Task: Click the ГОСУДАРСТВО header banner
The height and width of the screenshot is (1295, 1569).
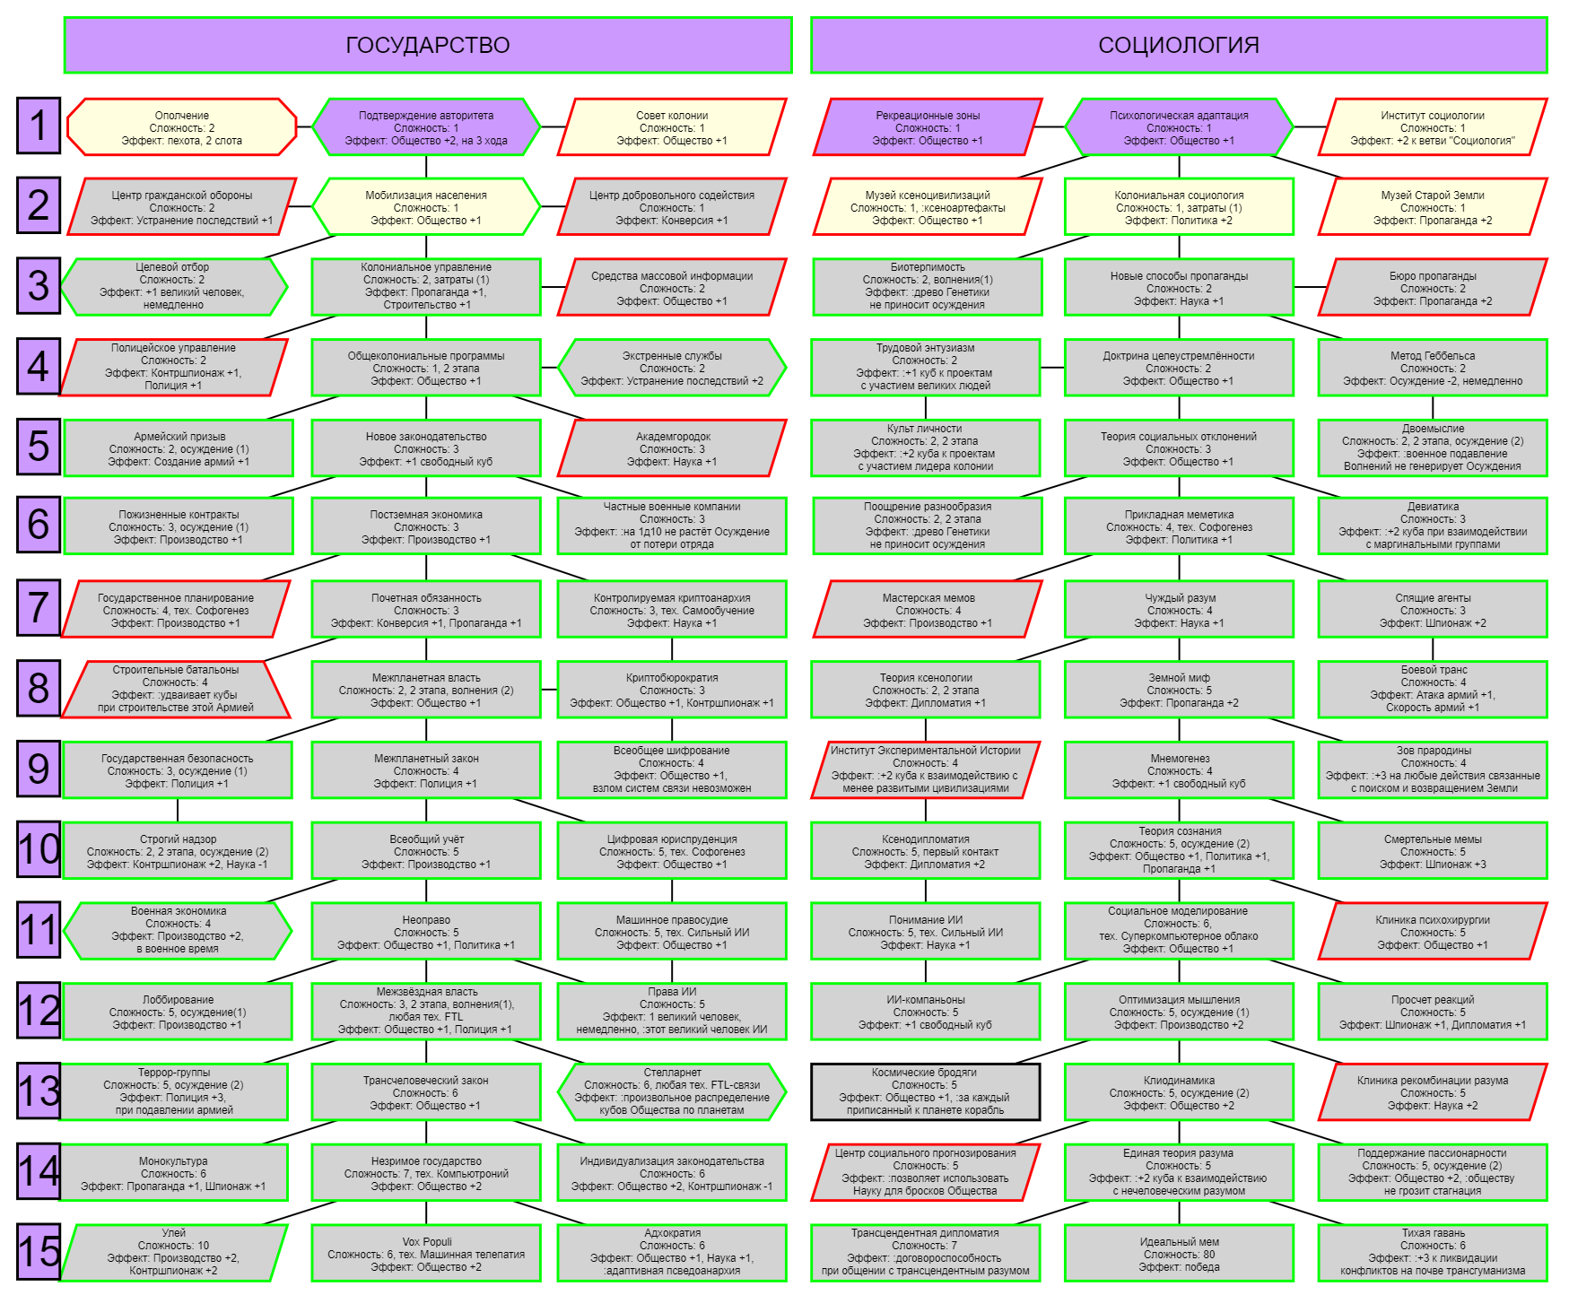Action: [428, 45]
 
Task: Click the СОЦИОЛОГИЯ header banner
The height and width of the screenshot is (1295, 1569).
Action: [1179, 45]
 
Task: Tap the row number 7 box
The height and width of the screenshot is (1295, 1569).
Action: [39, 606]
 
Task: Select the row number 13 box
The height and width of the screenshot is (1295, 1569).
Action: [39, 1091]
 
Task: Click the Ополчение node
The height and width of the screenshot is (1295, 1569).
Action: [182, 127]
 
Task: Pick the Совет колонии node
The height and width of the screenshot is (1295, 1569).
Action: [672, 127]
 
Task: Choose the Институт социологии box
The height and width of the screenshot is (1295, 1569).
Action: [1433, 127]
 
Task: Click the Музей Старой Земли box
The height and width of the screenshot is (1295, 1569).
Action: [1433, 207]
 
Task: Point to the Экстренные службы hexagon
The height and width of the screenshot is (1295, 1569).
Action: [672, 368]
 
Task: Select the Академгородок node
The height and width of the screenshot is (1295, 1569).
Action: [672, 448]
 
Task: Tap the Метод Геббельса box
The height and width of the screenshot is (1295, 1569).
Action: [1433, 368]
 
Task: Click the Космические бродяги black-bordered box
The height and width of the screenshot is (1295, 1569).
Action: [925, 1091]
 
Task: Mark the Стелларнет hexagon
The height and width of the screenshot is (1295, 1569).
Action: [672, 1091]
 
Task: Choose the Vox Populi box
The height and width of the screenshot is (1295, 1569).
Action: [426, 1254]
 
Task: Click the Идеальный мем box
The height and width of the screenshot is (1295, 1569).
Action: [1179, 1254]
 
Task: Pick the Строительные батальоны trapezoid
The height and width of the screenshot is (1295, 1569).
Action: [176, 689]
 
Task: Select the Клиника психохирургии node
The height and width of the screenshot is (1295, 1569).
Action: [1433, 932]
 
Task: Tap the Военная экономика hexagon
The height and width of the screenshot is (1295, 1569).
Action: [179, 930]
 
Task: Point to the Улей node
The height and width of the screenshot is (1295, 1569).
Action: [174, 1252]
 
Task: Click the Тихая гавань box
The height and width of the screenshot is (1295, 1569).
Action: [1433, 1252]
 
